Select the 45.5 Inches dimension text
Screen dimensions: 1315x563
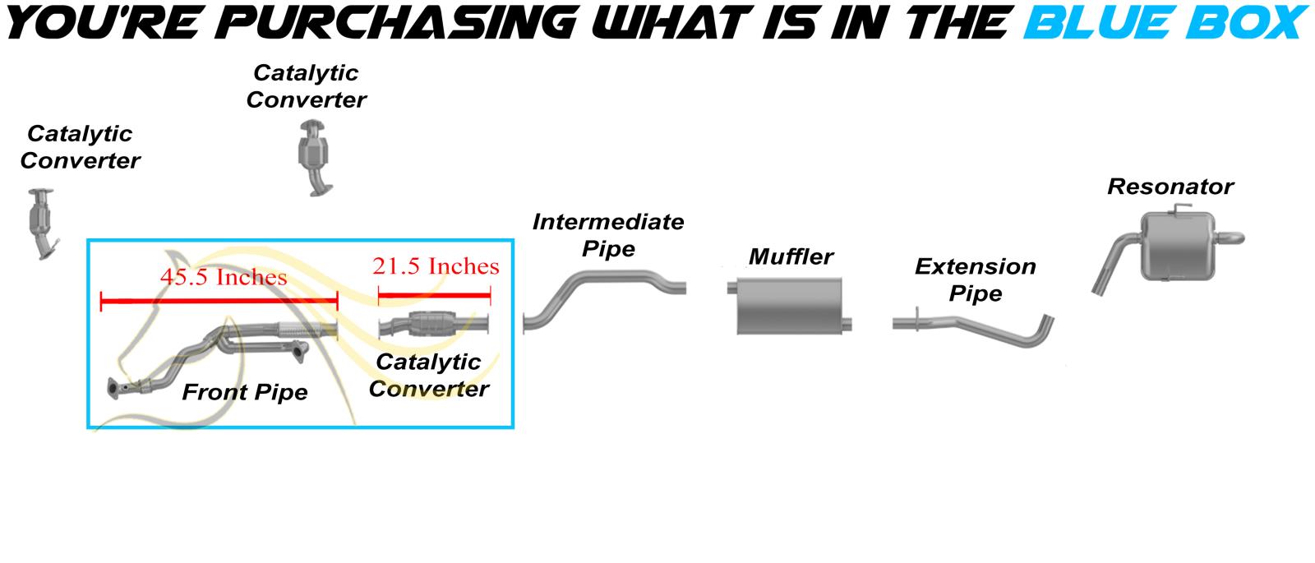click(x=224, y=276)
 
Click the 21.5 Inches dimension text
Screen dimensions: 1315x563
click(x=436, y=266)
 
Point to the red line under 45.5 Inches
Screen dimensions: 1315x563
click(x=219, y=302)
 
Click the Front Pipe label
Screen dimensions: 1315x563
click(x=245, y=392)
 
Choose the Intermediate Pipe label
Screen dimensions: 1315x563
click(x=608, y=235)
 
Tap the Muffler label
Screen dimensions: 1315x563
click(x=791, y=257)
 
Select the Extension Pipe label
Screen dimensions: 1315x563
click(x=976, y=280)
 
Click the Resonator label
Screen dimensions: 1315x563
click(x=1170, y=187)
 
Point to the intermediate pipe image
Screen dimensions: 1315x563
click(x=604, y=301)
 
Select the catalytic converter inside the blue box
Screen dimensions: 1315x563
click(x=434, y=325)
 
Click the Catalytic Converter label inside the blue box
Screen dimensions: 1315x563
click(x=428, y=375)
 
